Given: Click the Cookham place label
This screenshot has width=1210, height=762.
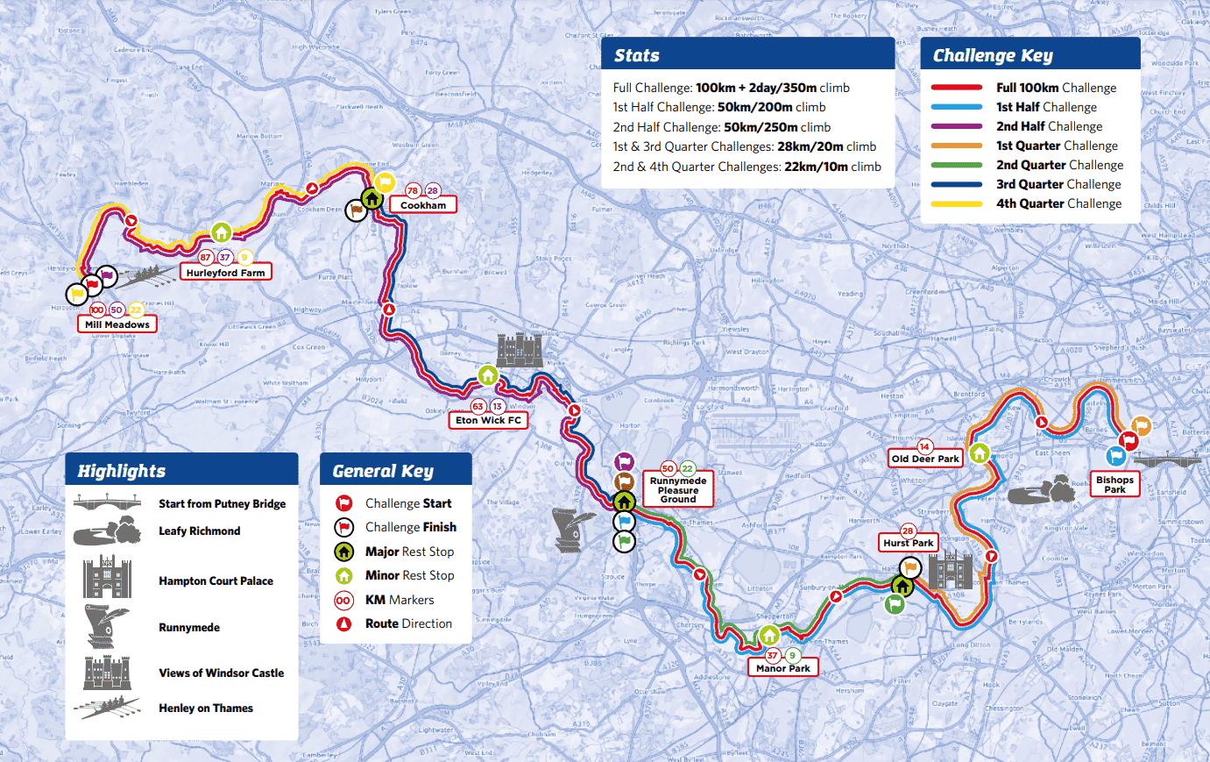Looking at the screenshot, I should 423,205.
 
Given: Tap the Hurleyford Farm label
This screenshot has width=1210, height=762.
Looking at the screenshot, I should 225,273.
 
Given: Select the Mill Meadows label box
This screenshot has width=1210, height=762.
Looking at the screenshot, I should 117,324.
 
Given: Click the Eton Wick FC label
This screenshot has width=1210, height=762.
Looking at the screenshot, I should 488,420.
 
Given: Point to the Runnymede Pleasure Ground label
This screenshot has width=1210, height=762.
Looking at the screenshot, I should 678,490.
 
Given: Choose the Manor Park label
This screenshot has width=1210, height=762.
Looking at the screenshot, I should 782,668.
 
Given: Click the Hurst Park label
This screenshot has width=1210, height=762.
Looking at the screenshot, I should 909,543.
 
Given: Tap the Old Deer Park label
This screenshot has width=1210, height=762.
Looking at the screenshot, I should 925,459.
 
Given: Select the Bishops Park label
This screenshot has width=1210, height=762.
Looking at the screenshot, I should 1114,485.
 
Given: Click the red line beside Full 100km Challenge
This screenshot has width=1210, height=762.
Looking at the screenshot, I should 956,88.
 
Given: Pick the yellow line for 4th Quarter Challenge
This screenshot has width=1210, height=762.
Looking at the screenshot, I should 956,203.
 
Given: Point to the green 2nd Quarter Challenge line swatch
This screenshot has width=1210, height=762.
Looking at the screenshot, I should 956,165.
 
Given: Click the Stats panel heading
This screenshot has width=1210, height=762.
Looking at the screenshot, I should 637,55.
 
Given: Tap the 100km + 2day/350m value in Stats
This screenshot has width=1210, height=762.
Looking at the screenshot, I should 756,88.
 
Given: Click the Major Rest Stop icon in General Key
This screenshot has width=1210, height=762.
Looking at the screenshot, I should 344,552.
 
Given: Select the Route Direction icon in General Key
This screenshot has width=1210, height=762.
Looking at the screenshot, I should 344,623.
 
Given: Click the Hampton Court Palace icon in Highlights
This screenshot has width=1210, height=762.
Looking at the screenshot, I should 107,578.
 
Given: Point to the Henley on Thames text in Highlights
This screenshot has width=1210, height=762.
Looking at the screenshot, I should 206,709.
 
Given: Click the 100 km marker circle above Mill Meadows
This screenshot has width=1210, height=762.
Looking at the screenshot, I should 97,310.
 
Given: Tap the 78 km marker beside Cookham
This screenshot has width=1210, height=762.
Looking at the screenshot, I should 413,190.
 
